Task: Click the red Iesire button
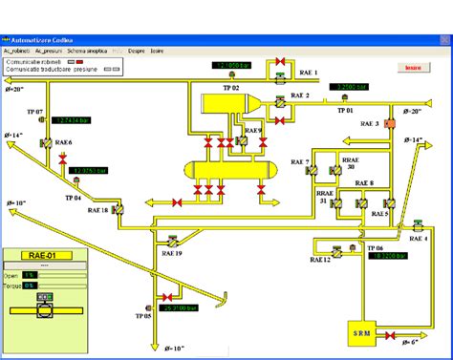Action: click(413, 69)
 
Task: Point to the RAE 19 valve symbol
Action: click(172, 242)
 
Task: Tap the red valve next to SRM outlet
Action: click(389, 334)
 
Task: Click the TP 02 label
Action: click(230, 87)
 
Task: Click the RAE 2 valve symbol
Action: click(278, 98)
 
